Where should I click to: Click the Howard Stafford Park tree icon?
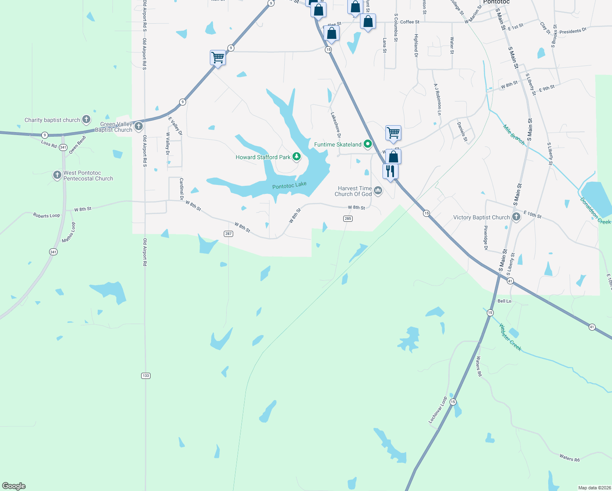[x=297, y=157]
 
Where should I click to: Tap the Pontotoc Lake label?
[x=289, y=186]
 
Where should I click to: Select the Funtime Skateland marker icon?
[x=368, y=144]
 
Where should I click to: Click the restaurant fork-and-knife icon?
[x=390, y=171]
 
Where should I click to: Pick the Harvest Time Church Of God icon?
[x=378, y=190]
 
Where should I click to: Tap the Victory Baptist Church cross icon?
[x=516, y=217]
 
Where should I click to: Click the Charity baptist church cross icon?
[x=86, y=119]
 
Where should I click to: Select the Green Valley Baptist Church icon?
[x=139, y=126]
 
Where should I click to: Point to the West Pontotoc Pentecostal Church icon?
[x=57, y=175]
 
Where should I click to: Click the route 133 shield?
[x=146, y=376]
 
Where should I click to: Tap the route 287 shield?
[x=228, y=234]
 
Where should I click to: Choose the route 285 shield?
[x=348, y=218]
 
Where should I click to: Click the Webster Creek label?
[x=510, y=337]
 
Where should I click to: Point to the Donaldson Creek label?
[x=595, y=211]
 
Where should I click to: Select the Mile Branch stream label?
[x=514, y=135]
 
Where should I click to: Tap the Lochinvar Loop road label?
[x=438, y=410]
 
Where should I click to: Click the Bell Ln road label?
[x=504, y=301]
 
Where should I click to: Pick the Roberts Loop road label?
[x=46, y=215]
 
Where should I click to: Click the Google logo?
[x=14, y=486]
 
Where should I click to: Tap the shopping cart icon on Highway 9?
[x=218, y=57]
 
